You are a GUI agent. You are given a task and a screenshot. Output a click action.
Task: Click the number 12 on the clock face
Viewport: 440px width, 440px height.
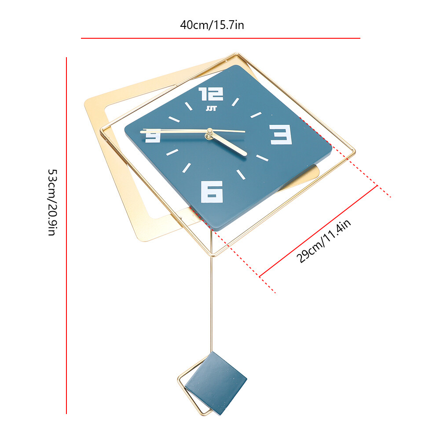pyautogui.click(x=211, y=94)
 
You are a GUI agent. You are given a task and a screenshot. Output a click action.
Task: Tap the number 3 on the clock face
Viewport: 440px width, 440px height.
pyautogui.click(x=281, y=134)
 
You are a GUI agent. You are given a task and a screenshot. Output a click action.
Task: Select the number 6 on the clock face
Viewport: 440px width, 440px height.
pyautogui.click(x=212, y=191)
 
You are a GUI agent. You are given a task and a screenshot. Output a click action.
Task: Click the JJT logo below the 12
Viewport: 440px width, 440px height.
pyautogui.click(x=207, y=108)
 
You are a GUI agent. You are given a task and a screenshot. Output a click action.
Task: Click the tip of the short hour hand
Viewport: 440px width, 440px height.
pyautogui.click(x=246, y=154)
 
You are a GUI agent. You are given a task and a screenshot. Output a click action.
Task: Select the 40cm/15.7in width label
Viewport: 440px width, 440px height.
pyautogui.click(x=212, y=25)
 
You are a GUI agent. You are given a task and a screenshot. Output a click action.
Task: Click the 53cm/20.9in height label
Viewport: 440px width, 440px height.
pyautogui.click(x=51, y=202)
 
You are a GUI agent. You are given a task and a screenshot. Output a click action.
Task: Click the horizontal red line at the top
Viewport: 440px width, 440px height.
pyautogui.click(x=220, y=38)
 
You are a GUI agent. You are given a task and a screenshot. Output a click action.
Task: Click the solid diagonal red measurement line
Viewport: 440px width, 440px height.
pyautogui.click(x=319, y=231)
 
